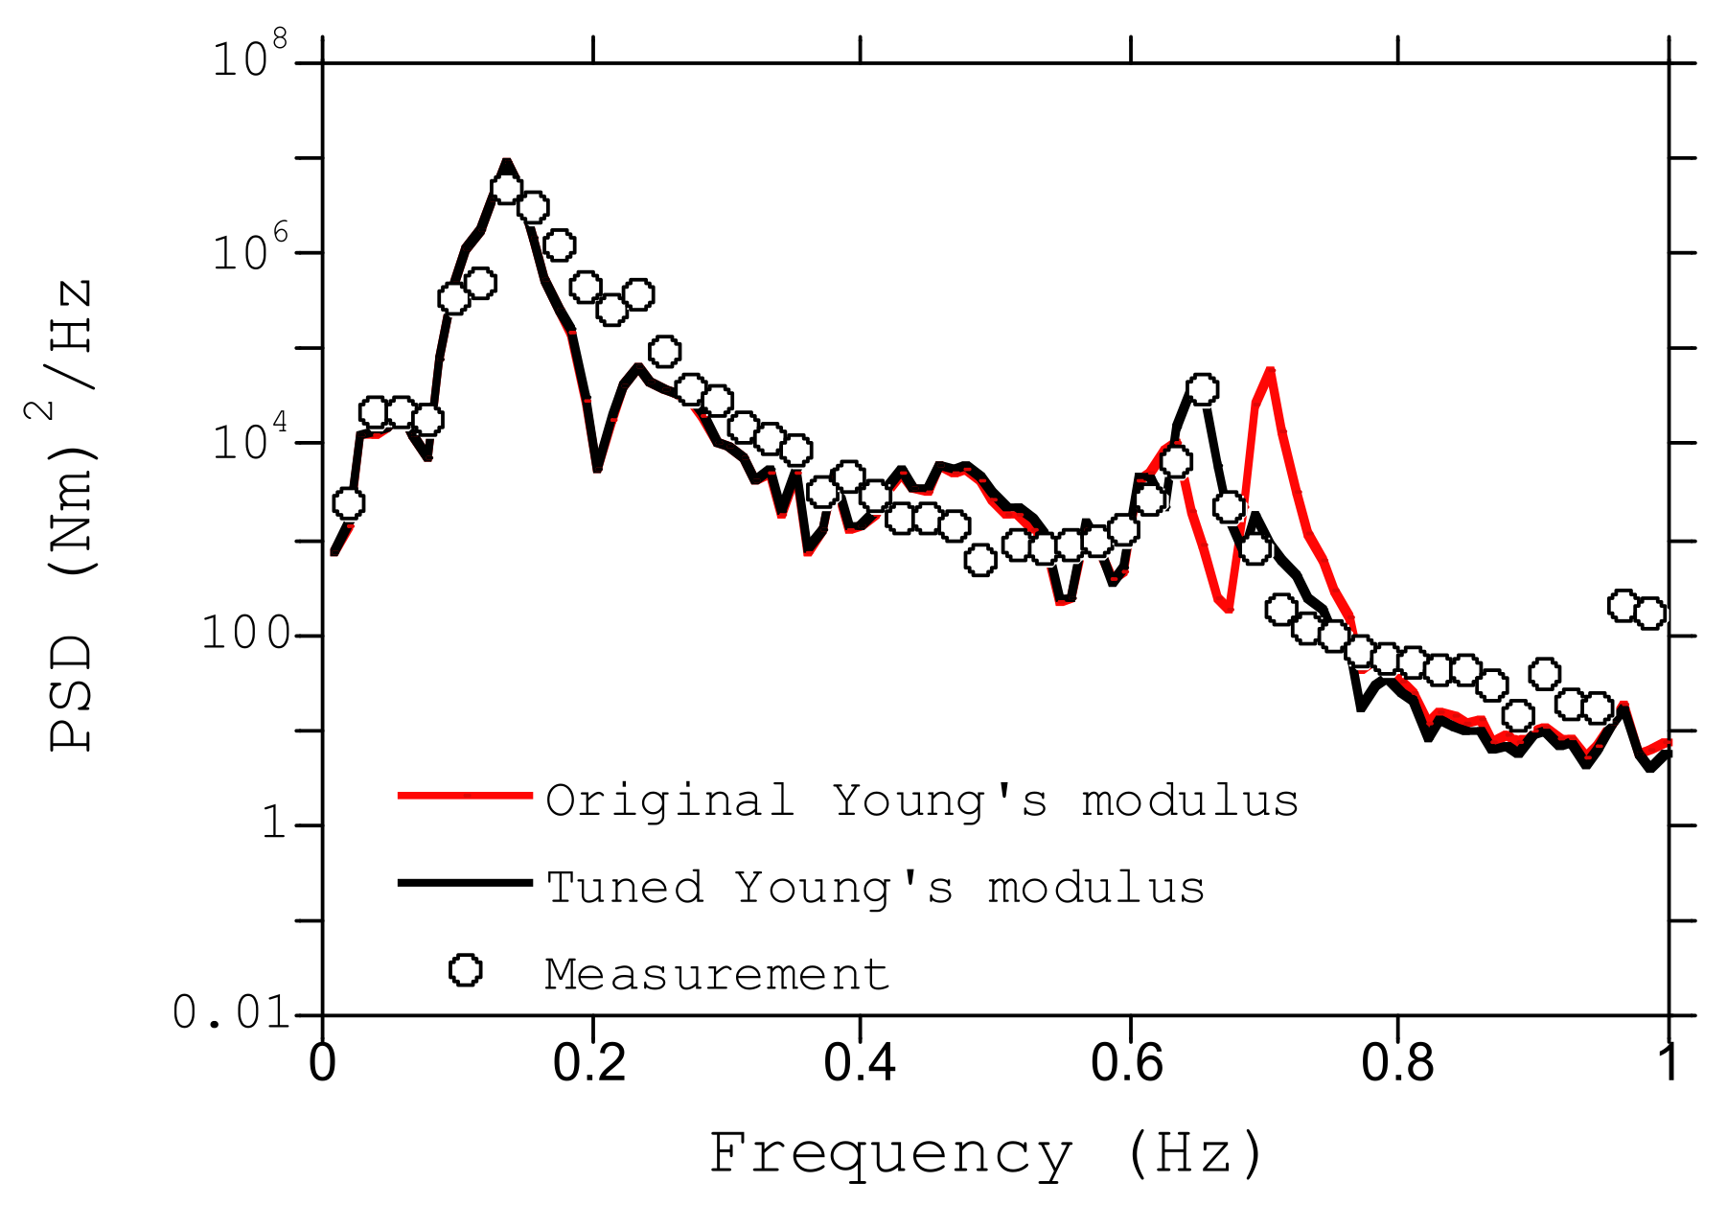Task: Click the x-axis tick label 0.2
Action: click(590, 1064)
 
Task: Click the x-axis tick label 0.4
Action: click(860, 1064)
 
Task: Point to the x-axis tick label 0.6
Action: click(1129, 1064)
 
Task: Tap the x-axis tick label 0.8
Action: click(1398, 1064)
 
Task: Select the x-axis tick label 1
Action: click(1669, 1064)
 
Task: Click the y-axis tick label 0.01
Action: click(231, 1012)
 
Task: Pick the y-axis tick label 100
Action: click(245, 634)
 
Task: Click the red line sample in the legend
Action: click(465, 795)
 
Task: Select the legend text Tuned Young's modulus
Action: click(875, 888)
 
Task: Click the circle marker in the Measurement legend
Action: click(466, 970)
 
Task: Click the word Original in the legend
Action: click(670, 800)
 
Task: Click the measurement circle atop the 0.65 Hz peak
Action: click(1202, 389)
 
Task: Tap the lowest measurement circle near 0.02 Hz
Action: click(349, 503)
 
